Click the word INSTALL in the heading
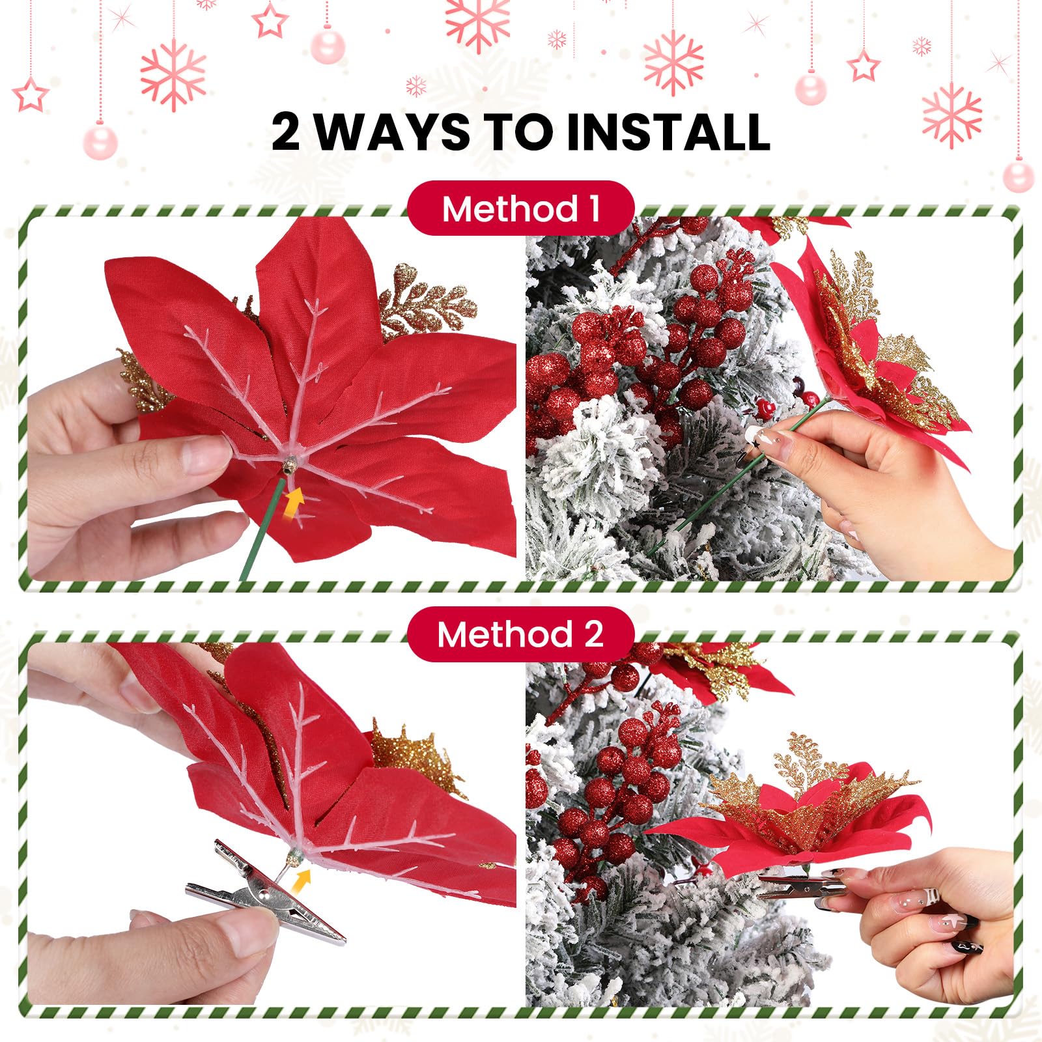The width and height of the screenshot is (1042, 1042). tap(668, 132)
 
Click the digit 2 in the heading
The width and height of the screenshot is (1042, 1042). tap(287, 132)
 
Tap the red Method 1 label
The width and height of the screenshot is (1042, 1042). tap(520, 209)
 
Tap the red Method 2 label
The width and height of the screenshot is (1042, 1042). tap(520, 634)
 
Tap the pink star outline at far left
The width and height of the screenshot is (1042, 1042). tap(31, 95)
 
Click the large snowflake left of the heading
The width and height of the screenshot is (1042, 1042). tap(173, 75)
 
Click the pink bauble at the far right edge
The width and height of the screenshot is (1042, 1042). tap(1018, 176)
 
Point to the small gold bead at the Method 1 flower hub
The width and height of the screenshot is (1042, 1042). tap(290, 465)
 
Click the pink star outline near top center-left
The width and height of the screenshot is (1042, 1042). tap(269, 21)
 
